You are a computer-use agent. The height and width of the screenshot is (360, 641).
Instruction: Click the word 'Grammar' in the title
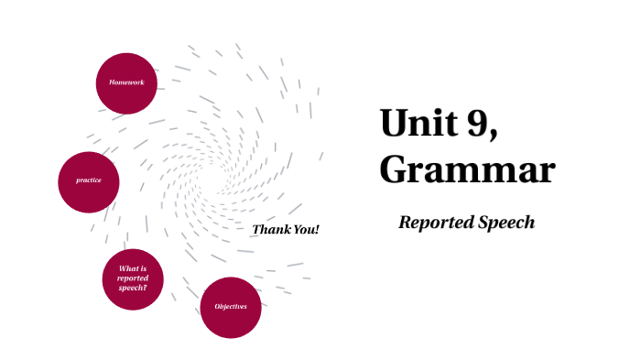pos(467,170)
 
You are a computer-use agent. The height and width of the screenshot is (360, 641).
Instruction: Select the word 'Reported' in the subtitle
pos(434,223)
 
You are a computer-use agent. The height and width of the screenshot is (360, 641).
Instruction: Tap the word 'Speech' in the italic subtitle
pos(505,223)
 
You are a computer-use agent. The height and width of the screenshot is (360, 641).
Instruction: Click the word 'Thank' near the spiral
pos(270,229)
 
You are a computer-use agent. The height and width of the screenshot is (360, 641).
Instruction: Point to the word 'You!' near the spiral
pos(306,229)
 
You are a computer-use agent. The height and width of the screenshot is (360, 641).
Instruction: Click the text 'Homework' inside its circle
pos(126,82)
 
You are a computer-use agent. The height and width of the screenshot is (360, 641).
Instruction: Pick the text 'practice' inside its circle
pos(89,180)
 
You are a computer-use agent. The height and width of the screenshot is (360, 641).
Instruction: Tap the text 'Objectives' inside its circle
pos(231,306)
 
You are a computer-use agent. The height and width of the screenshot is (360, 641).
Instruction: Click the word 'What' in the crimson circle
pos(128,268)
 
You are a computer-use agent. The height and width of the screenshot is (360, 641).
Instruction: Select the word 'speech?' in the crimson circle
pos(133,288)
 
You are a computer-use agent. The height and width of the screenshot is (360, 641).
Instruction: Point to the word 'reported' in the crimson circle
pos(133,278)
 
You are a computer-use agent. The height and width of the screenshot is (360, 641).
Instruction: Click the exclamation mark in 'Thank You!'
pos(317,229)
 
